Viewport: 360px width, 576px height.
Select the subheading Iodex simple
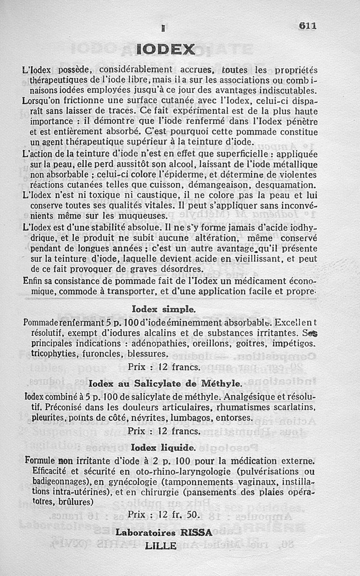[x=164, y=310]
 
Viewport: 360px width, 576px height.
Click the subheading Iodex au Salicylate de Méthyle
[x=165, y=384]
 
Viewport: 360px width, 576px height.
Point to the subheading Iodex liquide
[x=163, y=448]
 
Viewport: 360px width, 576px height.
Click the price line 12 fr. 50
[x=163, y=513]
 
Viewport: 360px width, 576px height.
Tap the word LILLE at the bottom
[x=163, y=546]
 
